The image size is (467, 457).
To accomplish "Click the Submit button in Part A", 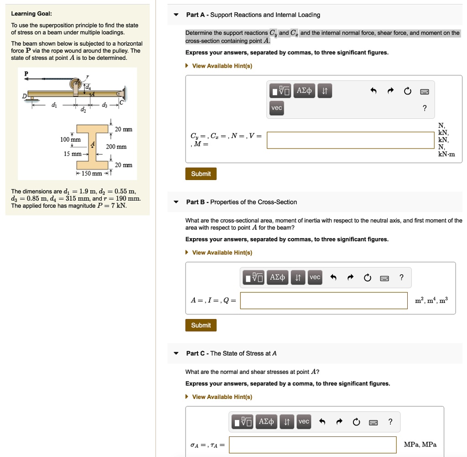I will pos(201,174).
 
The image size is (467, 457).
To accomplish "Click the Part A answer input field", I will pos(350,140).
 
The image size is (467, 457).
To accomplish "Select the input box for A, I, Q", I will pos(324,300).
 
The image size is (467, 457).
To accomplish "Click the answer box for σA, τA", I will pos(312,445).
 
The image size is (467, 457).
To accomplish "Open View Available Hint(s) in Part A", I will pos(222,66).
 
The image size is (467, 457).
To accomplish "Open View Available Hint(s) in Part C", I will pos(222,397).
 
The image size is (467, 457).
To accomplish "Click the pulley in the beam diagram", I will pos(76,84).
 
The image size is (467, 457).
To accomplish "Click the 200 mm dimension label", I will pos(116,147).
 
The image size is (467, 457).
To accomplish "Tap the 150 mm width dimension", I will pos(92,174).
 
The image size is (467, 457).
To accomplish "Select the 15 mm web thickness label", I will pos(73,154).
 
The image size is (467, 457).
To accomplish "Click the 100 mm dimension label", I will pos(70,139).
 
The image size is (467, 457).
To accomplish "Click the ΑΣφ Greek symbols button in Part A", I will pos(304,91).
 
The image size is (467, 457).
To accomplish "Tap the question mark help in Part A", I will pos(425,108).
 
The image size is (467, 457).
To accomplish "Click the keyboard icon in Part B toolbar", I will pos(384,277).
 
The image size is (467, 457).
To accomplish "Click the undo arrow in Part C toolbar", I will pos(322,421).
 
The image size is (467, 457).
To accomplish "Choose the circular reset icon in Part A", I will pos(407,91).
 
